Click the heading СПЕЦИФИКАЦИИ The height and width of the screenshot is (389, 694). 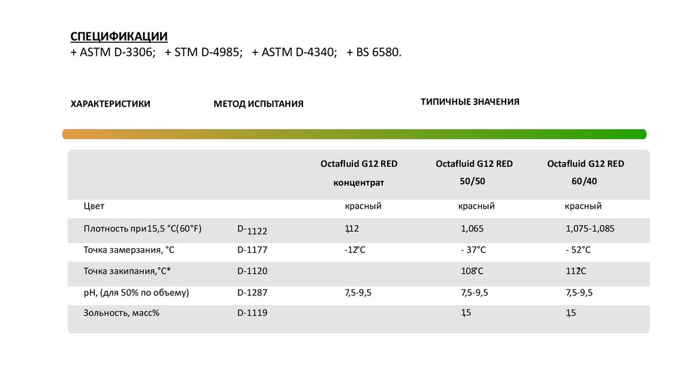pyautogui.click(x=119, y=36)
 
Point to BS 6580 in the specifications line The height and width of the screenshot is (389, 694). pyautogui.click(x=377, y=52)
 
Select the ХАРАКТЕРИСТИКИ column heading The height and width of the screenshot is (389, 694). pyautogui.click(x=110, y=104)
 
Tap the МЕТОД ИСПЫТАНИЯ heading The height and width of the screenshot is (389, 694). pyautogui.click(x=258, y=104)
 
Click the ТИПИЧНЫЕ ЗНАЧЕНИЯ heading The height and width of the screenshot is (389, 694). pyautogui.click(x=470, y=102)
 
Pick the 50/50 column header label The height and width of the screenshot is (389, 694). pyautogui.click(x=474, y=182)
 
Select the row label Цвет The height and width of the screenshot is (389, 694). pyautogui.click(x=94, y=205)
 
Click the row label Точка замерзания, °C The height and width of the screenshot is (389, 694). pyautogui.click(x=129, y=250)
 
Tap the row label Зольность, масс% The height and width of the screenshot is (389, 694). pyautogui.click(x=121, y=312)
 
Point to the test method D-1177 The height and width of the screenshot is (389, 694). pyautogui.click(x=252, y=250)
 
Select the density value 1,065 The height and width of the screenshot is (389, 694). pyautogui.click(x=472, y=228)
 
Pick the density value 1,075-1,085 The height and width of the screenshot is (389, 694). pyautogui.click(x=590, y=228)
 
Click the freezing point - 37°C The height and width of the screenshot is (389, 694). pyautogui.click(x=473, y=250)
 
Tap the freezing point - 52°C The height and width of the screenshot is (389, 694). pyautogui.click(x=578, y=250)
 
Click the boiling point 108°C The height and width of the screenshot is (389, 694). pyautogui.click(x=472, y=271)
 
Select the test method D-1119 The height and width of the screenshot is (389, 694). pyautogui.click(x=252, y=312)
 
